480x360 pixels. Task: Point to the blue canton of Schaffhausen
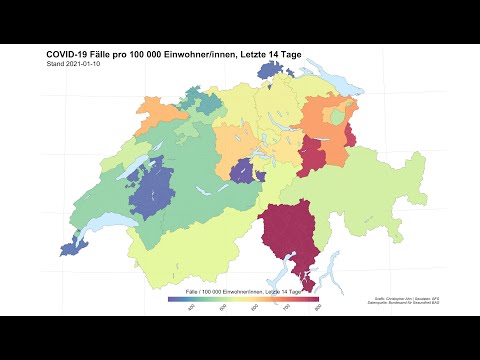coord(272,70)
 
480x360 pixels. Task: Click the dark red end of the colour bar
coord(311,298)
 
